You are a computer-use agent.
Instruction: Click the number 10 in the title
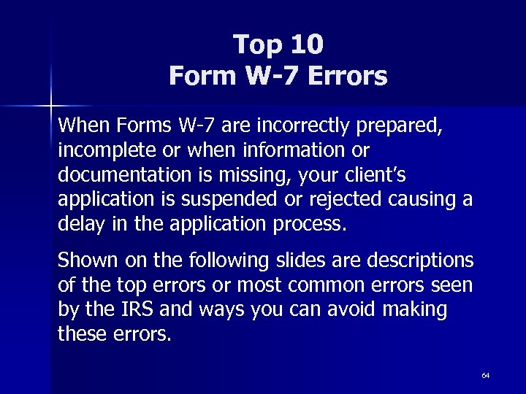point(306,45)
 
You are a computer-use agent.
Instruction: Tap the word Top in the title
point(257,45)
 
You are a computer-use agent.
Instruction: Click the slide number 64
point(486,375)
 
